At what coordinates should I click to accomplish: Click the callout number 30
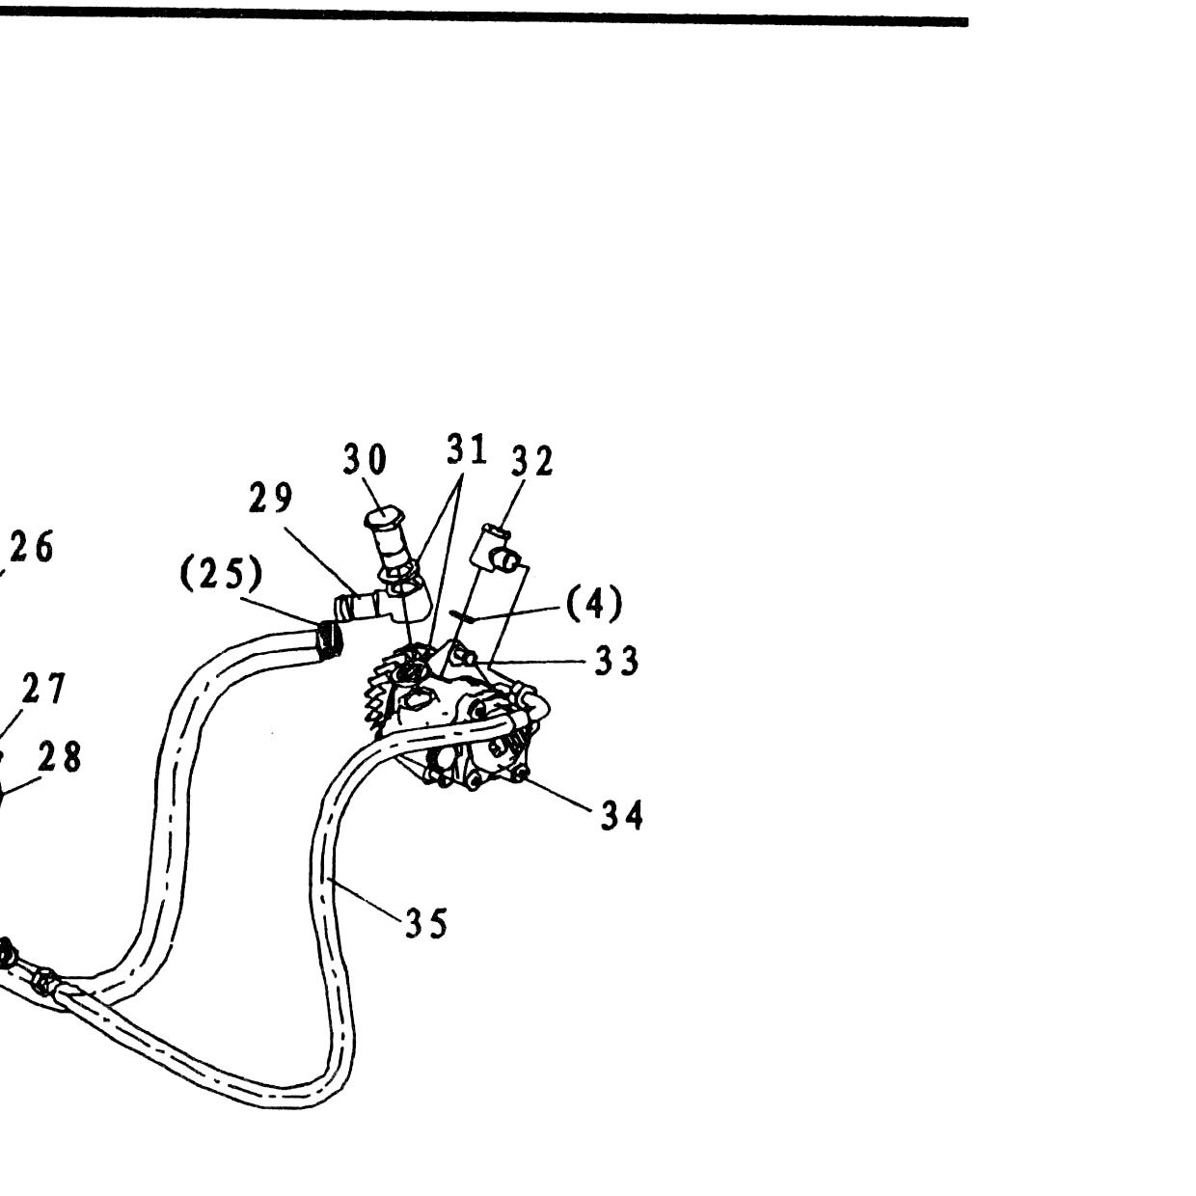pyautogui.click(x=365, y=459)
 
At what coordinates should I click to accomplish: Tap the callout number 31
pyautogui.click(x=467, y=450)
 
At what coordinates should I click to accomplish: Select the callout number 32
pyautogui.click(x=531, y=462)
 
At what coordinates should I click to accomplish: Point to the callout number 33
pyautogui.click(x=616, y=661)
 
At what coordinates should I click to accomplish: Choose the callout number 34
pyautogui.click(x=622, y=816)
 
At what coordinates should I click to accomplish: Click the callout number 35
pyautogui.click(x=426, y=924)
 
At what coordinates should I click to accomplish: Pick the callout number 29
pyautogui.click(x=271, y=498)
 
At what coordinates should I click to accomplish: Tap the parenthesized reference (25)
pyautogui.click(x=222, y=572)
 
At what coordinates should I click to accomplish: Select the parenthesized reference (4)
pyautogui.click(x=594, y=603)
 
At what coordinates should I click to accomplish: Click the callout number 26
pyautogui.click(x=32, y=547)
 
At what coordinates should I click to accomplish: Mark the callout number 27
pyautogui.click(x=43, y=689)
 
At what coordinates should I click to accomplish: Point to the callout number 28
pyautogui.click(x=60, y=757)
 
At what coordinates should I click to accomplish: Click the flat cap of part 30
pyautogui.click(x=386, y=517)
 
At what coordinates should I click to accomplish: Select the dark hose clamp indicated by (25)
pyautogui.click(x=329, y=639)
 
